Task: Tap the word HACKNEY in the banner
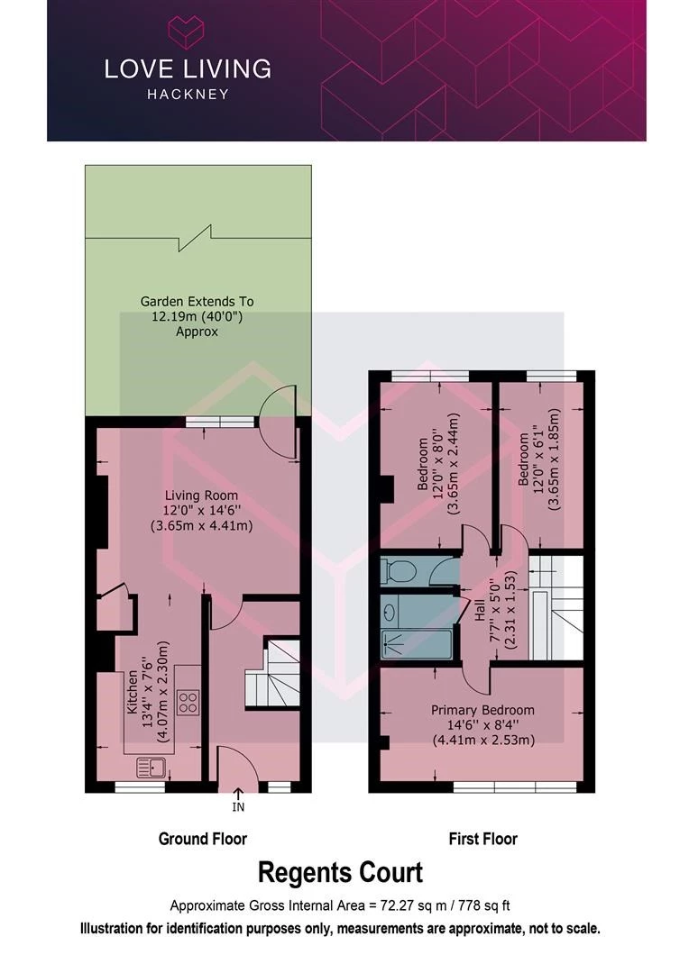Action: pyautogui.click(x=188, y=95)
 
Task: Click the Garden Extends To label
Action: pyautogui.click(x=197, y=302)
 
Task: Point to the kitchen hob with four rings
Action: pyautogui.click(x=188, y=702)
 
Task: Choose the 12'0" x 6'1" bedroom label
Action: pyautogui.click(x=538, y=459)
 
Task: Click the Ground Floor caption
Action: pyautogui.click(x=203, y=839)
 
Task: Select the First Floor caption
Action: pyautogui.click(x=482, y=839)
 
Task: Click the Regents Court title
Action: pyautogui.click(x=340, y=872)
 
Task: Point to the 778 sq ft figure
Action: pyautogui.click(x=484, y=905)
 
